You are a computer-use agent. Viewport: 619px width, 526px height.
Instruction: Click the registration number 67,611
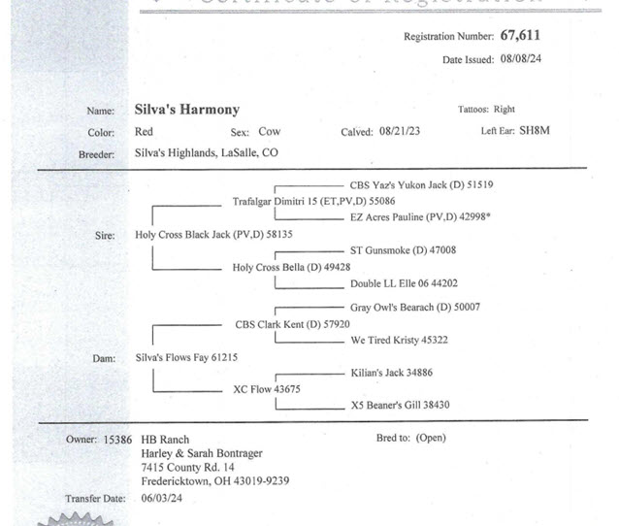point(520,36)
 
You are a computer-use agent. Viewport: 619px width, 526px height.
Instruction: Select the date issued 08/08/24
point(520,59)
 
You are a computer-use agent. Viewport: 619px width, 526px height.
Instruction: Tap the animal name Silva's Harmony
point(186,110)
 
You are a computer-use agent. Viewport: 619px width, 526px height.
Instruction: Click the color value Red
point(144,132)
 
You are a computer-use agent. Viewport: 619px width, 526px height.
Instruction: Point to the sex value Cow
point(269,132)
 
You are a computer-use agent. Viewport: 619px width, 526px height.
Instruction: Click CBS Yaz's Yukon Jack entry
point(422,183)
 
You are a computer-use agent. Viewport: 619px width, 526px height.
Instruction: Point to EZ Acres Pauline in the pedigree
point(420,218)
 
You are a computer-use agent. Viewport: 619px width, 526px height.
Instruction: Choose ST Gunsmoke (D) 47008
point(403,250)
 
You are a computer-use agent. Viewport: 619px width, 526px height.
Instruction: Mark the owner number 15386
point(116,440)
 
